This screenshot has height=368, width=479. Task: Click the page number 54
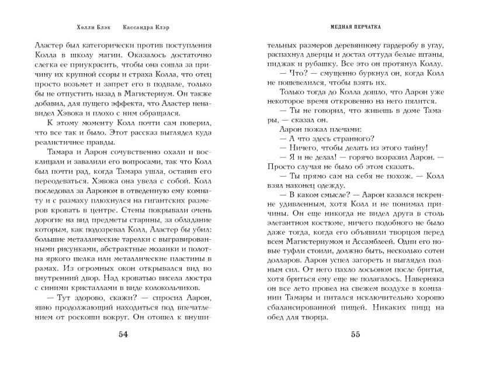(123, 335)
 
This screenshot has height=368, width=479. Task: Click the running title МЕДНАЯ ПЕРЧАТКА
(356, 27)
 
